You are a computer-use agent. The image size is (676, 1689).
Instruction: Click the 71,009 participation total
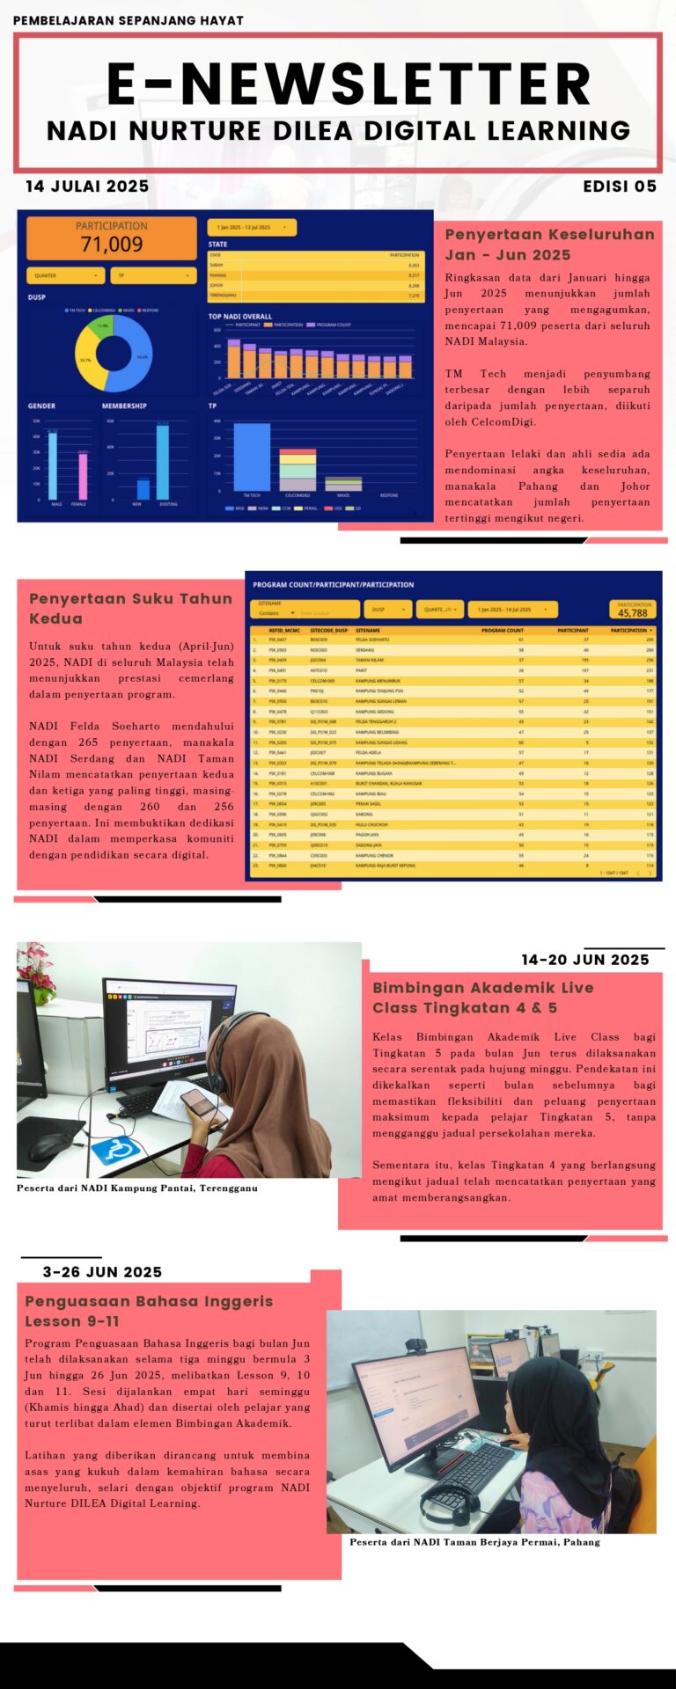pyautogui.click(x=111, y=244)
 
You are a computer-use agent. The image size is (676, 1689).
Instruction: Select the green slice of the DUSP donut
pyautogui.click(x=103, y=326)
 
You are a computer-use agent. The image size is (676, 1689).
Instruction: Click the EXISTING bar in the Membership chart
pyautogui.click(x=163, y=461)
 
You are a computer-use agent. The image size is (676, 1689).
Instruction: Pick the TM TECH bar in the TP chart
pyautogui.click(x=252, y=456)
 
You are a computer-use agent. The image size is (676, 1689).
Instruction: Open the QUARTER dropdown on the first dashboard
pyautogui.click(x=66, y=275)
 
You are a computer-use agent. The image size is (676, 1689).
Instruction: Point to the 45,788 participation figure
pyautogui.click(x=632, y=613)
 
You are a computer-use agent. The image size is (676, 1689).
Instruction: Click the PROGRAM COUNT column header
pyautogui.click(x=502, y=630)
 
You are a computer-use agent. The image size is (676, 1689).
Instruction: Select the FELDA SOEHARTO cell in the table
pyautogui.click(x=372, y=640)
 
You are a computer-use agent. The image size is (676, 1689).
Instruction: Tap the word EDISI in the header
pyautogui.click(x=606, y=186)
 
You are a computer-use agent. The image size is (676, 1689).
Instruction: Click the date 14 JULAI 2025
pyautogui.click(x=87, y=186)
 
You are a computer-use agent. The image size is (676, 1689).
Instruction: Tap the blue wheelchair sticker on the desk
pyautogui.click(x=115, y=1149)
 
